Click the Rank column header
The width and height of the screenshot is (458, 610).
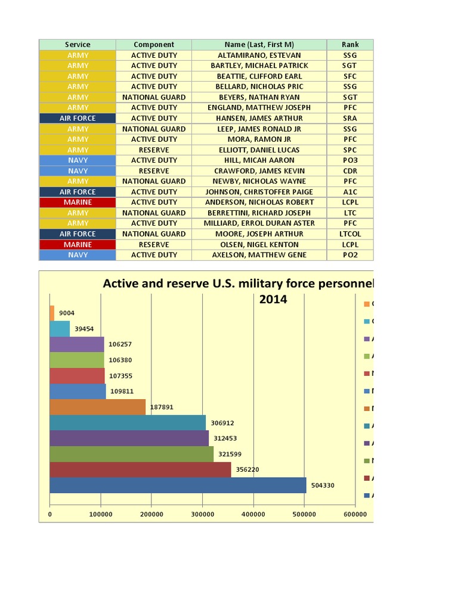click(x=350, y=45)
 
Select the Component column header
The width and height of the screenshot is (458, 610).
click(x=154, y=45)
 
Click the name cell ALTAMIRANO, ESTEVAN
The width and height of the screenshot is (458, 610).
click(x=259, y=55)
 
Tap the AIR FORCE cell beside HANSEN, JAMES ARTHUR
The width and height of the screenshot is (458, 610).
click(x=78, y=119)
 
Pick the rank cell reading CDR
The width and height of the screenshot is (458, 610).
click(x=350, y=171)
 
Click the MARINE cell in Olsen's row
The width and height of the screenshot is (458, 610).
click(x=78, y=244)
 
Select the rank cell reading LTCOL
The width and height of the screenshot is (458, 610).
click(x=350, y=234)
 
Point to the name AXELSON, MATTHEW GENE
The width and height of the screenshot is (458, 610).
click(x=259, y=255)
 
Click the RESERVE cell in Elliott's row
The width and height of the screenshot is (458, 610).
click(x=154, y=150)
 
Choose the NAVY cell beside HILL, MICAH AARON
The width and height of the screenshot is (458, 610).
click(x=78, y=160)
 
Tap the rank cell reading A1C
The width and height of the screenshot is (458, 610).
click(x=350, y=192)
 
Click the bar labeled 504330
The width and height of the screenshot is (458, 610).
click(x=178, y=485)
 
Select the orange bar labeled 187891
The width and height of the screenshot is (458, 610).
click(x=97, y=407)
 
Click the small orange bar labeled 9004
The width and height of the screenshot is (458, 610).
click(x=52, y=313)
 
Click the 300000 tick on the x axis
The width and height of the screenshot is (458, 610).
click(x=202, y=513)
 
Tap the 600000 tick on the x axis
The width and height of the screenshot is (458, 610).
click(x=355, y=513)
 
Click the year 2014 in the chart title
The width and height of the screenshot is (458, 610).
click(x=273, y=299)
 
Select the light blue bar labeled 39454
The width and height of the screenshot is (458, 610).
click(x=60, y=329)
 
